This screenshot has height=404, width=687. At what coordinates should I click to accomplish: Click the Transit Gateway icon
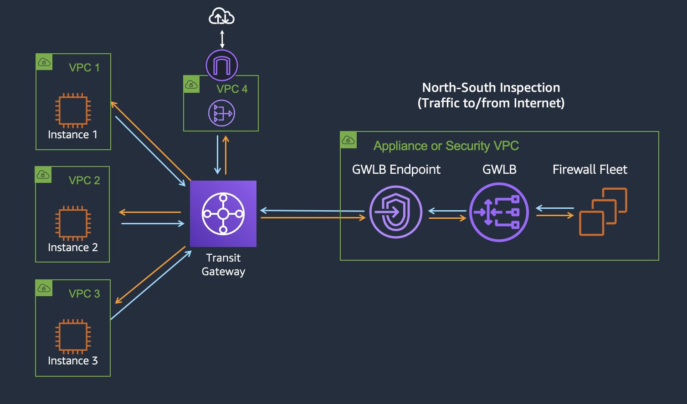(x=223, y=214)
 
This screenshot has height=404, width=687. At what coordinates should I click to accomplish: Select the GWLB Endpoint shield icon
(x=395, y=212)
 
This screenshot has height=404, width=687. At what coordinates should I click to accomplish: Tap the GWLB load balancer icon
(x=499, y=212)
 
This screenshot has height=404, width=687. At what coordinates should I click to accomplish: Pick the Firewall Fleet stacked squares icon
(x=603, y=212)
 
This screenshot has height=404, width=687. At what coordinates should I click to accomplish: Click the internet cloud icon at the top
(x=221, y=18)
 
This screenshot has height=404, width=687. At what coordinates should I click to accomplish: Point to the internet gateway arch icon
(x=222, y=66)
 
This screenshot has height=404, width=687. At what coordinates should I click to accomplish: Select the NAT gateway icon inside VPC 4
(x=221, y=113)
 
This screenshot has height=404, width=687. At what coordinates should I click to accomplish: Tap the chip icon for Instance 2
(x=73, y=223)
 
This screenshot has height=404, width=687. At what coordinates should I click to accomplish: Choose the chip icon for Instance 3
(x=73, y=337)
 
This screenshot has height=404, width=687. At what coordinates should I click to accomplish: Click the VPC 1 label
(x=84, y=68)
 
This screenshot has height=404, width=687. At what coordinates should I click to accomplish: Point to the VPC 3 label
(x=84, y=294)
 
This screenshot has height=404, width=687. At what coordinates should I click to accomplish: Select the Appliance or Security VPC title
(x=446, y=146)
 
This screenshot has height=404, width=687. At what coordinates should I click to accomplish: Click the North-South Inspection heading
(x=491, y=87)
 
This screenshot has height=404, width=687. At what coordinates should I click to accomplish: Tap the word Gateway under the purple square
(x=223, y=272)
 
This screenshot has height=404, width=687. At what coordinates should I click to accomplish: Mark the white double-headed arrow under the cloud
(x=222, y=39)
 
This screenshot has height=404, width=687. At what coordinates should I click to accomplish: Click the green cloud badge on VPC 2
(x=43, y=175)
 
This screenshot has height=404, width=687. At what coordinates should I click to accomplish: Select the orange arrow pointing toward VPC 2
(x=149, y=212)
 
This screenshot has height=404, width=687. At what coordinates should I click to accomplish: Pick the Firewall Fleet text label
(x=590, y=170)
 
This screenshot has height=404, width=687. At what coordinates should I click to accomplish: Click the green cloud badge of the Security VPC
(x=349, y=140)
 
